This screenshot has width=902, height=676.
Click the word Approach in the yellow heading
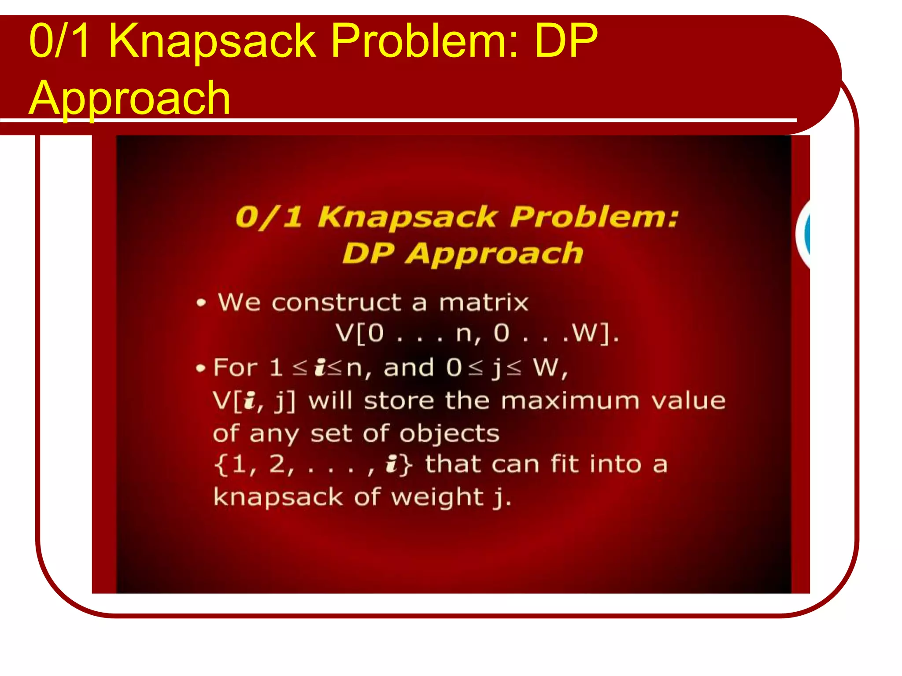point(129,99)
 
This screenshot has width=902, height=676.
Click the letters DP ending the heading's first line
point(566,40)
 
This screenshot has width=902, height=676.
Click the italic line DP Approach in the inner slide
point(462,254)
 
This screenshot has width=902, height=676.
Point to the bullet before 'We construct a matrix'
point(201,303)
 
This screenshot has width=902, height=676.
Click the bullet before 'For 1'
point(201,368)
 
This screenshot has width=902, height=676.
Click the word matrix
point(484,303)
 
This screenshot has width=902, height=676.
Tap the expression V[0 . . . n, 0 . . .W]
point(477,333)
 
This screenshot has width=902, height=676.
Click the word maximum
point(570,401)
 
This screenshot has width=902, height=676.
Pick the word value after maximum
point(688,401)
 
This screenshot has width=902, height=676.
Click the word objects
point(449,434)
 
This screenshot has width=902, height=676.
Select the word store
point(399,401)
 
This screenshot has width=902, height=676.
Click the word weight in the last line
point(437,498)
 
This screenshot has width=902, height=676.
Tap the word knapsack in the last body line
point(278,498)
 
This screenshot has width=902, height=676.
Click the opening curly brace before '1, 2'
point(220,465)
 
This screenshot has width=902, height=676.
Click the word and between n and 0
point(409,368)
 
